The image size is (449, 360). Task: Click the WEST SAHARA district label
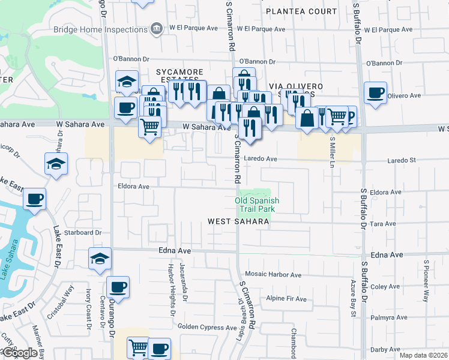[238, 221]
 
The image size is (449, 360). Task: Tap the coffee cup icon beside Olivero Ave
[375, 93]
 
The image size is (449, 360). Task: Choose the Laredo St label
[402, 161]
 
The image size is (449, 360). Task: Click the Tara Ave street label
[384, 224]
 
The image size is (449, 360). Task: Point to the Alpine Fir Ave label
[286, 299]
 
